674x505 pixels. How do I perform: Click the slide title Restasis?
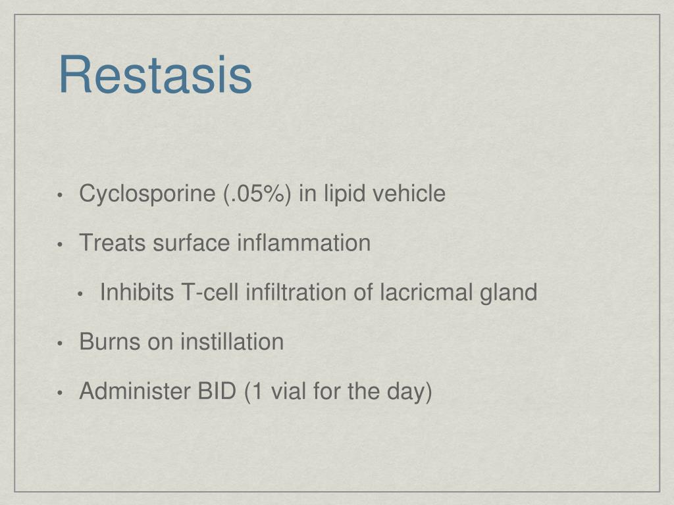click(x=155, y=76)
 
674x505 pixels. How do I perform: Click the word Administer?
click(x=126, y=391)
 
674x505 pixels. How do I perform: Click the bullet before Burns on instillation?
click(x=60, y=343)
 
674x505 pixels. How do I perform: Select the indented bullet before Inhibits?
click(x=80, y=294)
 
